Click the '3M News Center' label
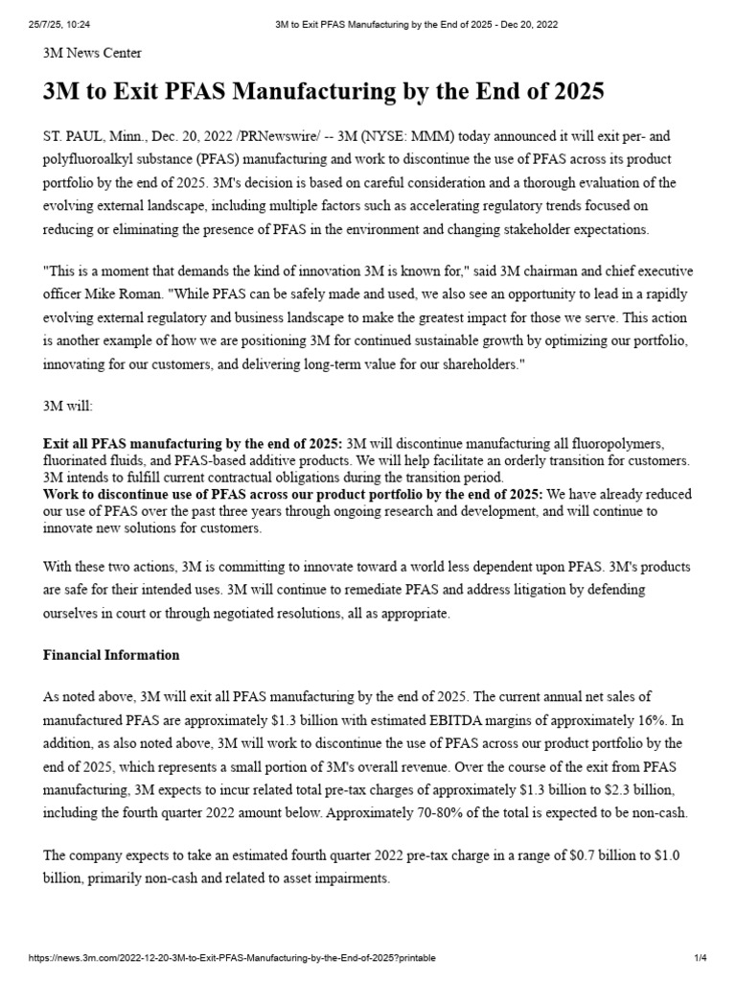pos(92,53)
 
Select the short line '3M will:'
pos(69,406)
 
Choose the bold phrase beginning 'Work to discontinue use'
pos(153,494)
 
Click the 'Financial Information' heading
pos(111,655)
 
